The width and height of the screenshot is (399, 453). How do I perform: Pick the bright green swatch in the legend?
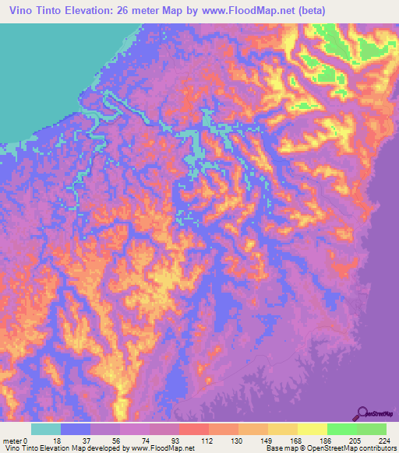tap(341, 428)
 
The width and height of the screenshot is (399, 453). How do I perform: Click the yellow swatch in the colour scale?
tap(312, 428)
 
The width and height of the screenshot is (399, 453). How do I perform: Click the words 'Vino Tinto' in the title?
tap(34, 11)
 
